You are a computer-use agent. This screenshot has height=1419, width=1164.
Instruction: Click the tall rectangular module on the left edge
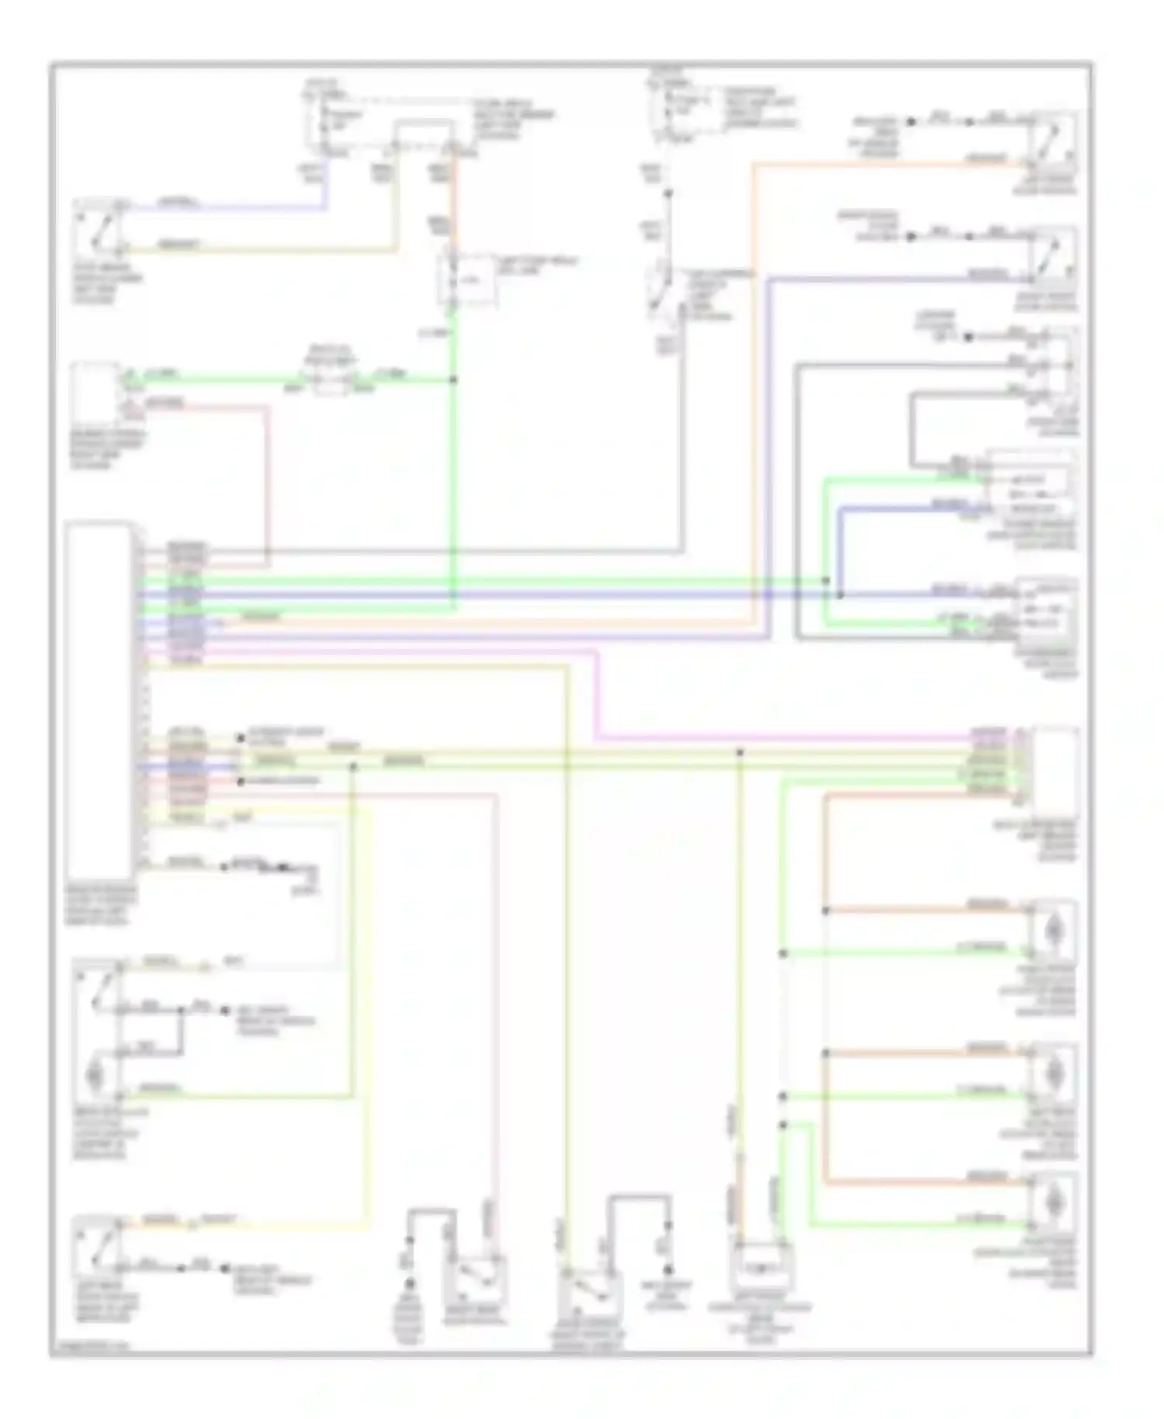tap(99, 699)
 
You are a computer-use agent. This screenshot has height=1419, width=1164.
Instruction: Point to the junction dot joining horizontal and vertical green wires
tap(453, 380)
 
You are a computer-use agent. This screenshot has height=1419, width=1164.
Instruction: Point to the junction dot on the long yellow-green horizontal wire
tap(740, 752)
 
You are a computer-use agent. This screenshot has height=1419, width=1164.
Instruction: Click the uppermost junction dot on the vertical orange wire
tap(826, 911)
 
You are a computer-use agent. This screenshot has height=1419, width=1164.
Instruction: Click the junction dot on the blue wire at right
tap(840, 596)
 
